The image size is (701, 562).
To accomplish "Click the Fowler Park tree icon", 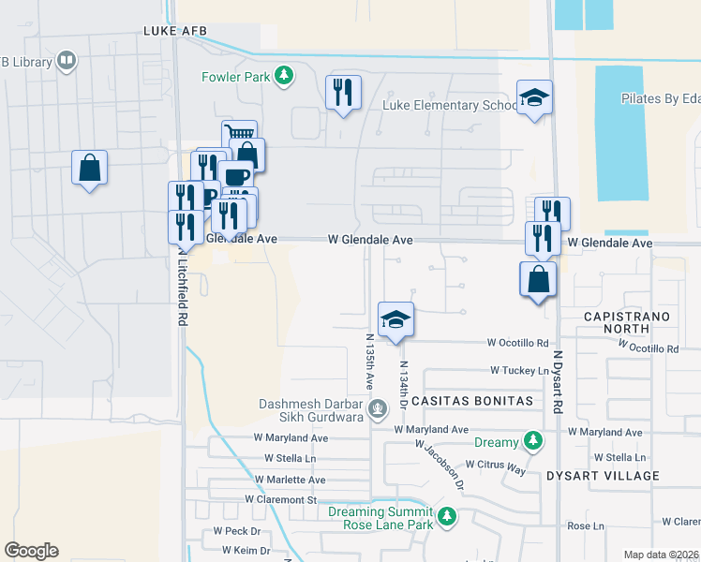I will (286, 76).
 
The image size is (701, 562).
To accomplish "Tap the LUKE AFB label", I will (173, 31).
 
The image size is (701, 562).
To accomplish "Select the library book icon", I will (66, 62).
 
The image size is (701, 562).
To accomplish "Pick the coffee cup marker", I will (235, 176).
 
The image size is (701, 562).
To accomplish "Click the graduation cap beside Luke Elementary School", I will (534, 97).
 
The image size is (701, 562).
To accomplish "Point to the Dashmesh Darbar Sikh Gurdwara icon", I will (377, 408).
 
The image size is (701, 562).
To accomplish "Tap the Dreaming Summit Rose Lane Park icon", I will (448, 516).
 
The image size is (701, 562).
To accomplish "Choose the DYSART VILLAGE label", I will (604, 476).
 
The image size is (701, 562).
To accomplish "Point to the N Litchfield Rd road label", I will (178, 287).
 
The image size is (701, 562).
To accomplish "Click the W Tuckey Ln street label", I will (517, 371).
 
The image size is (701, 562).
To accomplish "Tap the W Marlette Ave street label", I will (290, 480).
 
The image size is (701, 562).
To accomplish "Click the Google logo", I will (31, 551).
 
